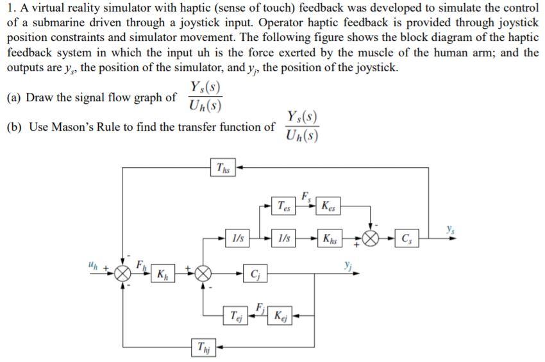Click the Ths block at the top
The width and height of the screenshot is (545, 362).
(x=222, y=167)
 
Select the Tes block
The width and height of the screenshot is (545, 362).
(x=283, y=206)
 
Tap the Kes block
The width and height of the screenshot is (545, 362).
(x=328, y=206)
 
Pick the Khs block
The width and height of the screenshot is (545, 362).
(x=330, y=238)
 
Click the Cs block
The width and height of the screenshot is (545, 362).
(x=407, y=238)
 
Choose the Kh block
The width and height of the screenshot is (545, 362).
(x=163, y=274)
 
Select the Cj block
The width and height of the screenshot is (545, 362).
(x=255, y=274)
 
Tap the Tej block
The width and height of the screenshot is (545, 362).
(x=236, y=315)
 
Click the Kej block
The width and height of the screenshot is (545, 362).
(x=280, y=315)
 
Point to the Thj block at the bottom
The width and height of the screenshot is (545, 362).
(x=203, y=347)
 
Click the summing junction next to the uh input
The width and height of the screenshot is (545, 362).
(x=122, y=274)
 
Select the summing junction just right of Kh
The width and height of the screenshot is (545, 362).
(x=203, y=274)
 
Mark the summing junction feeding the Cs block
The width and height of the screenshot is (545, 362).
(x=371, y=239)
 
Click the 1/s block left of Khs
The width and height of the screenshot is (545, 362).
(x=283, y=238)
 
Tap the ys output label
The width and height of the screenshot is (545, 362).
(x=450, y=229)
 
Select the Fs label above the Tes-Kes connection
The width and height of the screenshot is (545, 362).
(x=305, y=197)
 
